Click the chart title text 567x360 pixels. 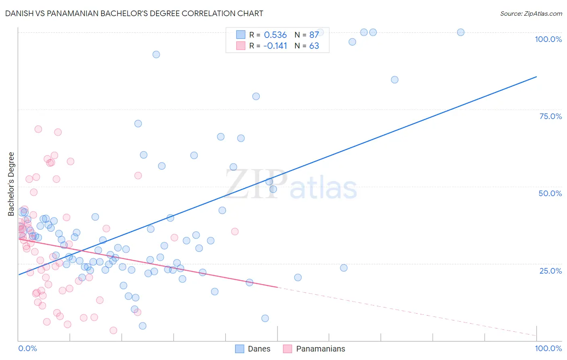pyautogui.click(x=134, y=13)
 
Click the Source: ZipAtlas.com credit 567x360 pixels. pyautogui.click(x=531, y=13)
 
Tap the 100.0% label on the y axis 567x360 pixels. pyautogui.click(x=548, y=39)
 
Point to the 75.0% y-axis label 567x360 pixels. pyautogui.click(x=550, y=116)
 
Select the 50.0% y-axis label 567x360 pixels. pyautogui.click(x=550, y=193)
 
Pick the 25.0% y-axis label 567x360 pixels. pyautogui.click(x=550, y=271)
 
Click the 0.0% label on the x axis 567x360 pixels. pyautogui.click(x=27, y=348)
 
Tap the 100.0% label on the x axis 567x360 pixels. pyautogui.click(x=548, y=348)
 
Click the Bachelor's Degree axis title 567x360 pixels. pyautogui.click(x=11, y=184)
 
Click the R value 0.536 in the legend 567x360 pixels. pyautogui.click(x=275, y=35)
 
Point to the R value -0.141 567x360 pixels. pyautogui.click(x=275, y=46)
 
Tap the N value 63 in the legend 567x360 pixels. pyautogui.click(x=314, y=46)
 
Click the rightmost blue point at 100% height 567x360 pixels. pyautogui.click(x=461, y=32)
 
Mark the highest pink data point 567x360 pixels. pyautogui.click(x=38, y=129)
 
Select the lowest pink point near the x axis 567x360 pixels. pyautogui.click(x=113, y=331)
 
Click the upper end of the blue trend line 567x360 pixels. pyautogui.click(x=536, y=77)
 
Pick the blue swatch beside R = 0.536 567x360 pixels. pyautogui.click(x=241, y=35)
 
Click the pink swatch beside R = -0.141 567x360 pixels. pyautogui.click(x=241, y=46)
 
